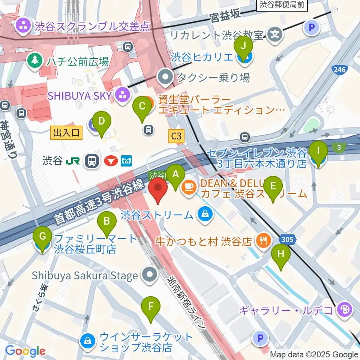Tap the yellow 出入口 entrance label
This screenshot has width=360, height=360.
click(66, 132)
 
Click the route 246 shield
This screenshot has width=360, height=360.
click(340, 69)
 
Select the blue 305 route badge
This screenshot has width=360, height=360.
click(287, 239)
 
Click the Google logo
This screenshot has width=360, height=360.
click(25, 351)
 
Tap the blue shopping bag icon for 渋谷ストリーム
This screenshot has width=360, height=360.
click(205, 214)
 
